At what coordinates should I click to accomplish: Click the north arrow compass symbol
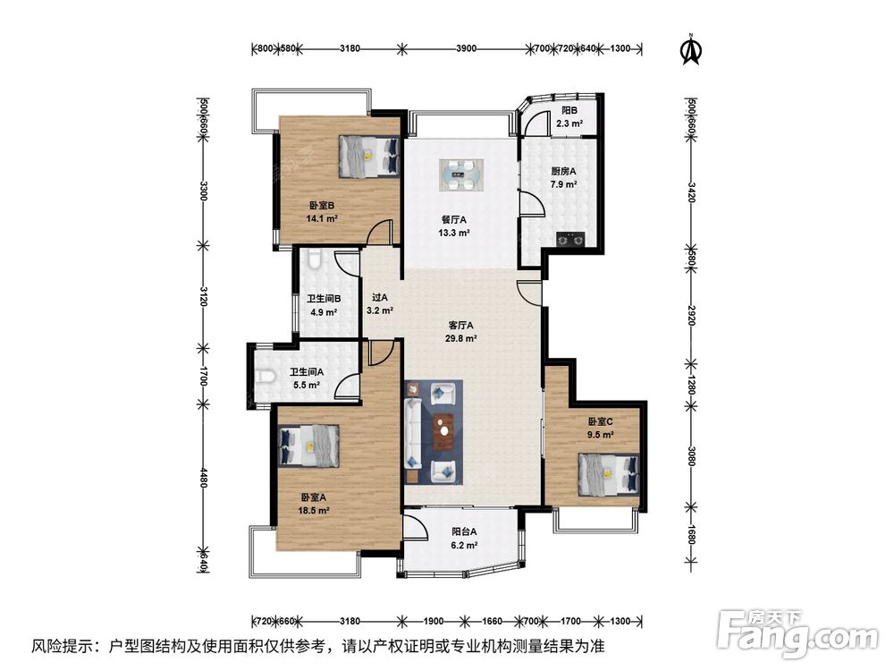click(x=692, y=50)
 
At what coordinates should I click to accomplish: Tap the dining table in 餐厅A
click(x=461, y=174)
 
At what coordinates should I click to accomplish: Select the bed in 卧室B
click(x=369, y=157)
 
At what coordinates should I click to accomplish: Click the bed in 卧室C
click(x=608, y=474)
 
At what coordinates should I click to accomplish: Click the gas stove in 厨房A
click(x=570, y=239)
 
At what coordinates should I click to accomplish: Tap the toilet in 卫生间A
click(x=266, y=378)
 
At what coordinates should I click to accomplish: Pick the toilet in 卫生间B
click(x=314, y=260)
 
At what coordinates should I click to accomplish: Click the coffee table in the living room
click(x=443, y=432)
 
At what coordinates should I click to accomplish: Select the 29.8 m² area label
click(x=460, y=338)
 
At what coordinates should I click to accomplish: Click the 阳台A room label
click(x=464, y=531)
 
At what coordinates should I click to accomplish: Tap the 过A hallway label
click(x=380, y=297)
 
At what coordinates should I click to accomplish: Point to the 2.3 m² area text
click(x=569, y=123)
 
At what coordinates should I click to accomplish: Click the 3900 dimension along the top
click(x=466, y=48)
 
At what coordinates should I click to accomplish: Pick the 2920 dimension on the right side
click(x=691, y=316)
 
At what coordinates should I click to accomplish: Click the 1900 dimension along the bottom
click(x=434, y=622)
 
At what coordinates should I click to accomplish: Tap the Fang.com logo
click(x=797, y=633)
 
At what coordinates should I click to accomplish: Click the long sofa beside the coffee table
click(x=411, y=432)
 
